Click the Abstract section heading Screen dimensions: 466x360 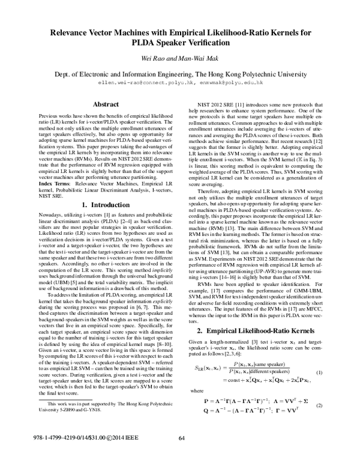pyautogui.click(x=101, y=104)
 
